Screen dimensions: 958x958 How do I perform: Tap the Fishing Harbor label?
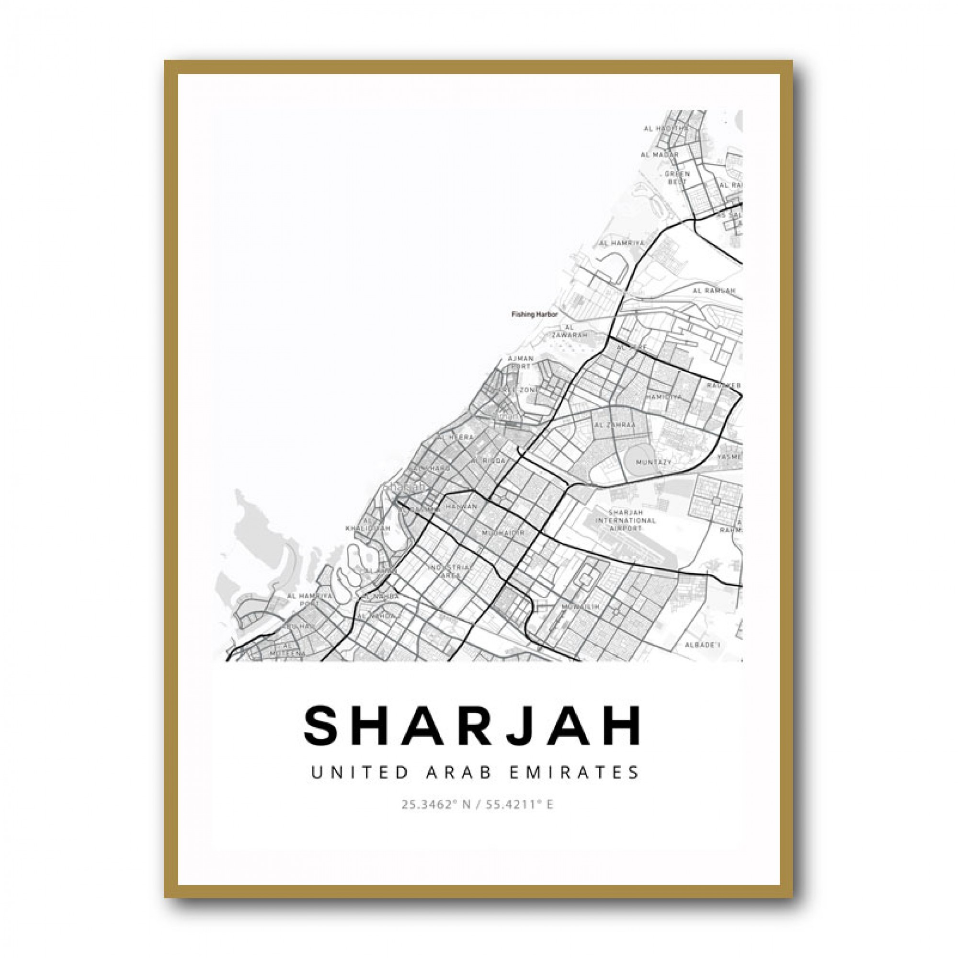tap(535, 314)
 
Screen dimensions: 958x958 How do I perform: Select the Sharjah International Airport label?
tap(625, 520)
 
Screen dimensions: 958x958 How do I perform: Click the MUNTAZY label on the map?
tap(653, 462)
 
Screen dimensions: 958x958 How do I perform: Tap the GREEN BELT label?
tap(677, 178)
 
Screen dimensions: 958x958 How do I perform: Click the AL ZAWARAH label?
tap(569, 331)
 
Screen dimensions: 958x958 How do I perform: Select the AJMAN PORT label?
tap(521, 362)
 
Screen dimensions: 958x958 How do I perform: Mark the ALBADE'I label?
tap(702, 645)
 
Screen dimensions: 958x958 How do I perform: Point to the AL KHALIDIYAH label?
tap(367, 524)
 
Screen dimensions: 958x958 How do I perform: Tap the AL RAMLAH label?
tap(714, 291)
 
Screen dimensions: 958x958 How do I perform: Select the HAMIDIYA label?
tap(663, 397)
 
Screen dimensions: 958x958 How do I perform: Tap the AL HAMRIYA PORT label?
tap(304, 600)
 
